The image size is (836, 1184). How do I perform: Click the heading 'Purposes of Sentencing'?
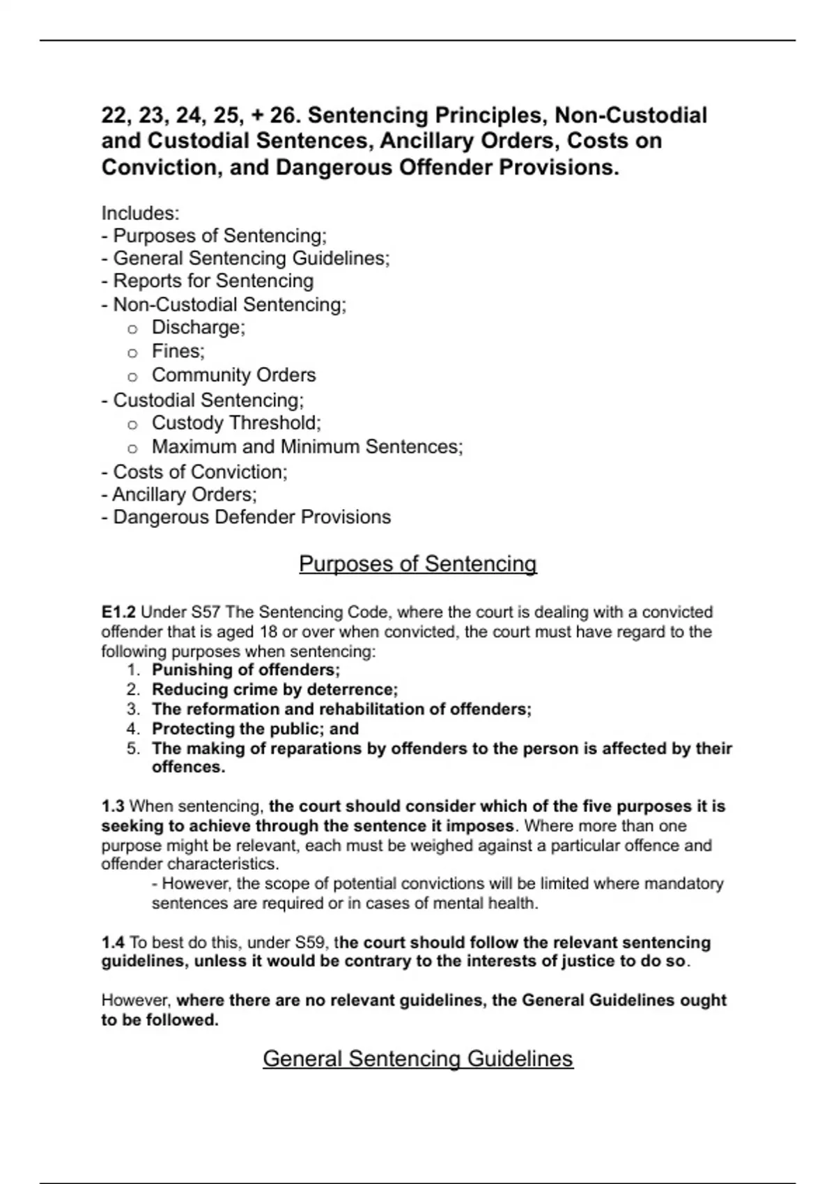tap(417, 563)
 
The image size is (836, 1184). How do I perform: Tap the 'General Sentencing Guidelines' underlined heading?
tap(417, 1059)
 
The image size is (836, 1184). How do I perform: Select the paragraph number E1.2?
tap(118, 612)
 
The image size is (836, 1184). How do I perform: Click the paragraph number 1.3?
tap(113, 807)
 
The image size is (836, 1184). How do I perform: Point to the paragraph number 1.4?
tap(113, 943)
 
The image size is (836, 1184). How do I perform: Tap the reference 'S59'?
tap(310, 943)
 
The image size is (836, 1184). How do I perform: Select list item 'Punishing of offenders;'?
tap(245, 670)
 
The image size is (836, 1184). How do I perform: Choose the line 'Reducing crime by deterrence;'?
tap(274, 690)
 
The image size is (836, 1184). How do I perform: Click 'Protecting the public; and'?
tap(255, 729)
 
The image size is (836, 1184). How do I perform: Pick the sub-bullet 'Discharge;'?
tap(199, 327)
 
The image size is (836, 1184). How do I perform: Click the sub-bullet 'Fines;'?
tap(178, 351)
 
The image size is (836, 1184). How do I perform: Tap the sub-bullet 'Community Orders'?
tap(233, 375)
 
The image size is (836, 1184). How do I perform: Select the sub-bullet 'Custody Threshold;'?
tap(236, 423)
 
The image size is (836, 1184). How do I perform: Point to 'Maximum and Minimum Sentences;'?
tap(307, 446)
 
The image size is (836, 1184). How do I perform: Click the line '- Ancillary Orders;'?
tap(179, 494)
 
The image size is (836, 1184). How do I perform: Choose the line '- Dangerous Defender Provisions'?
tap(246, 517)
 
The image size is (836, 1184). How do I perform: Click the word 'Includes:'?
tap(140, 212)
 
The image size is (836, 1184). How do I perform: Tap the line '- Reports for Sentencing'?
tap(208, 281)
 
